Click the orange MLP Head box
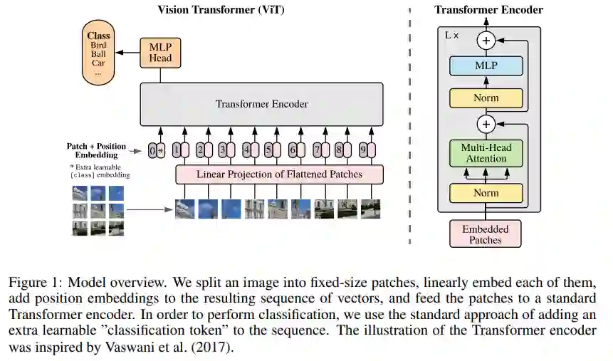(x=161, y=52)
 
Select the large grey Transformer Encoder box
(x=261, y=104)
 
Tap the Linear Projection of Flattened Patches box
(x=279, y=174)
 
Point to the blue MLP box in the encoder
(x=486, y=66)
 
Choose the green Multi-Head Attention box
(x=486, y=153)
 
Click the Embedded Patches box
(x=485, y=234)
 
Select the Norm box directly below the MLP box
(x=486, y=98)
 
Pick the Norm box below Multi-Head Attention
(x=486, y=193)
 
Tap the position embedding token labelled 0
(x=152, y=150)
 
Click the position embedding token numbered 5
(x=268, y=150)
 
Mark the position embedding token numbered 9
(x=362, y=150)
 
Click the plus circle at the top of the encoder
(x=486, y=41)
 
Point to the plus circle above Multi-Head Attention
(x=486, y=125)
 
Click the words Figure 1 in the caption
(x=32, y=283)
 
